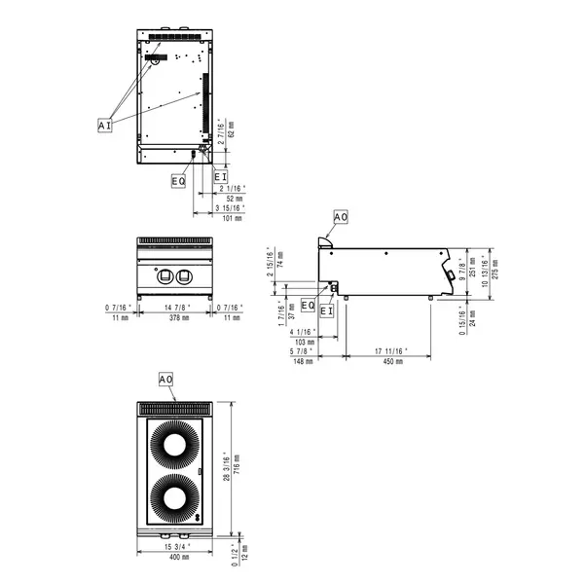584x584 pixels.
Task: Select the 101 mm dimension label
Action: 232,220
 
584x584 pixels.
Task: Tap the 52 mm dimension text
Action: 232,198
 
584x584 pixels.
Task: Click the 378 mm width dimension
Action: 175,317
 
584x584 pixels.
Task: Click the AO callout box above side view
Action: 340,216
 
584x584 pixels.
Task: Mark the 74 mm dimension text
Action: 279,258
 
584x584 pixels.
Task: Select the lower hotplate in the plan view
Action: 175,500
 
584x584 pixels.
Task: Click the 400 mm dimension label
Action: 175,557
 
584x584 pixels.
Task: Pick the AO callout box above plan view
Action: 165,378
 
